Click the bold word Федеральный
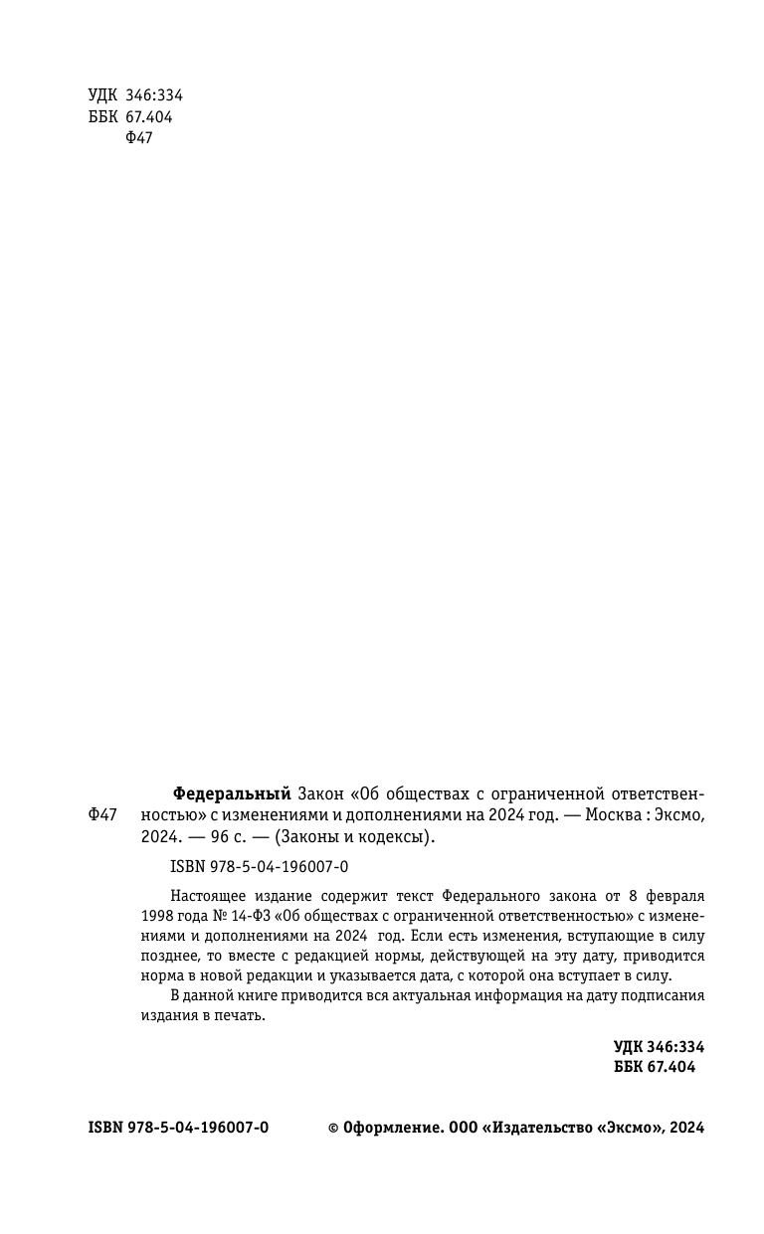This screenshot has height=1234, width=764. (232, 793)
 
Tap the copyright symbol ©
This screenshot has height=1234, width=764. (334, 1128)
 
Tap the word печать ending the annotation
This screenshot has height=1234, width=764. (243, 1015)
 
